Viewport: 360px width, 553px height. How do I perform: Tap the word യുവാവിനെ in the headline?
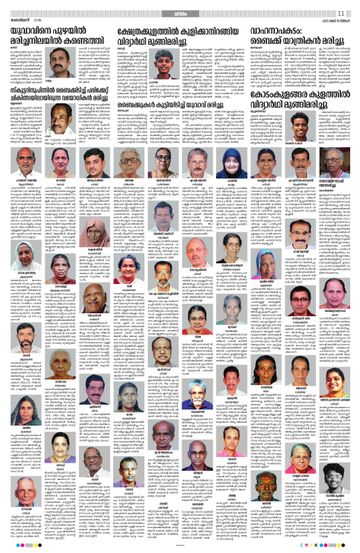point(29,27)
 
